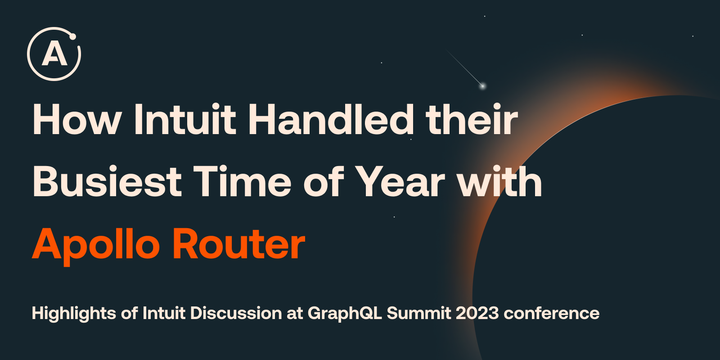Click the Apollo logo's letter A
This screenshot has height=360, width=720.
(54, 54)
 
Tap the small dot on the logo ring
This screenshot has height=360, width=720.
(72, 36)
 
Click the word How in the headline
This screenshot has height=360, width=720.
(76, 119)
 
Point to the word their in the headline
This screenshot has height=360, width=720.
(472, 119)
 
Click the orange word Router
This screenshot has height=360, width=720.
(239, 243)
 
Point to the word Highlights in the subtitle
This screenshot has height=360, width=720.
(74, 313)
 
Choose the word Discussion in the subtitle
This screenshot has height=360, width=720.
(236, 313)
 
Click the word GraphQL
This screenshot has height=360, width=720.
(345, 313)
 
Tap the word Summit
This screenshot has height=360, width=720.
(419, 313)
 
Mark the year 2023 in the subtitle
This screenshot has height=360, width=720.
(477, 313)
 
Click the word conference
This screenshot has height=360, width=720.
(552, 313)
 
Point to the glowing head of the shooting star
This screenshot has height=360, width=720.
(482, 86)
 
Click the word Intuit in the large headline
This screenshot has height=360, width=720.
(185, 119)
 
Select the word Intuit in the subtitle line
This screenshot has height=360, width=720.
(164, 313)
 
